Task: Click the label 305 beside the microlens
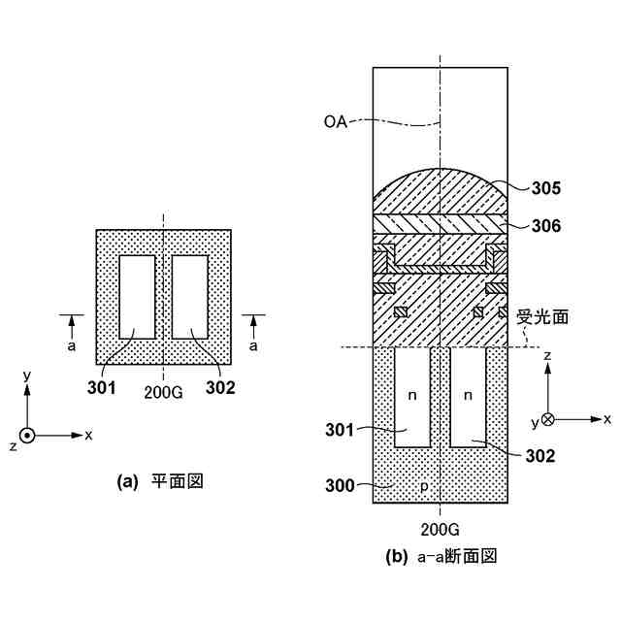coord(546,188)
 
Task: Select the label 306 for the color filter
coord(546,226)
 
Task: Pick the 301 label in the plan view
coord(101,389)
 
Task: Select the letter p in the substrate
coord(424,486)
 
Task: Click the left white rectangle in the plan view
coord(137,296)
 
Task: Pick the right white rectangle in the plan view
coord(189,296)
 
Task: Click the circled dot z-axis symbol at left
coord(28,436)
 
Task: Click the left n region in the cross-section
coord(412,396)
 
